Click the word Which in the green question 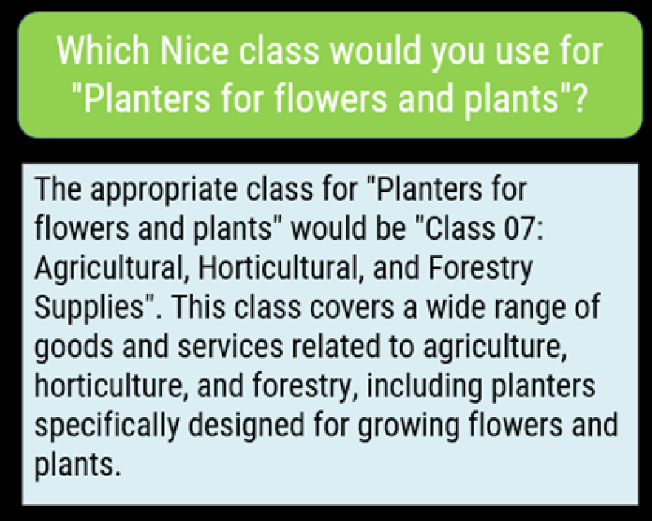[103, 51]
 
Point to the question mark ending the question [579, 98]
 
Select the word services [231, 347]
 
